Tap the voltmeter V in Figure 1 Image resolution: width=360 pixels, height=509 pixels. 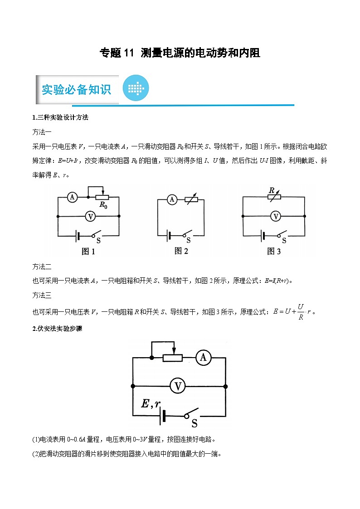90,216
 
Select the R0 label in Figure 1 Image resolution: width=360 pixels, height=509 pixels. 103,206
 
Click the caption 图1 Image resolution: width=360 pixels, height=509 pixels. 88,252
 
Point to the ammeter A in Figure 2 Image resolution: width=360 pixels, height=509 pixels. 171,199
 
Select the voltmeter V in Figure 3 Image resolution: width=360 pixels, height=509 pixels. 275,217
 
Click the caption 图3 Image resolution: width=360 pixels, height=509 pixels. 274,252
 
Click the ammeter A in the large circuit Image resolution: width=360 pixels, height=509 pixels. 203,358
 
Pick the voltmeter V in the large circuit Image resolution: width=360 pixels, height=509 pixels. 178,386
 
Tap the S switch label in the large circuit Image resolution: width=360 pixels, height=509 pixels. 195,424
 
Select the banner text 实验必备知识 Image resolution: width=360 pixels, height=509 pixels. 77,89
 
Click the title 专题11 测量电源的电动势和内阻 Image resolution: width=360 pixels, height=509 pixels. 180,53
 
